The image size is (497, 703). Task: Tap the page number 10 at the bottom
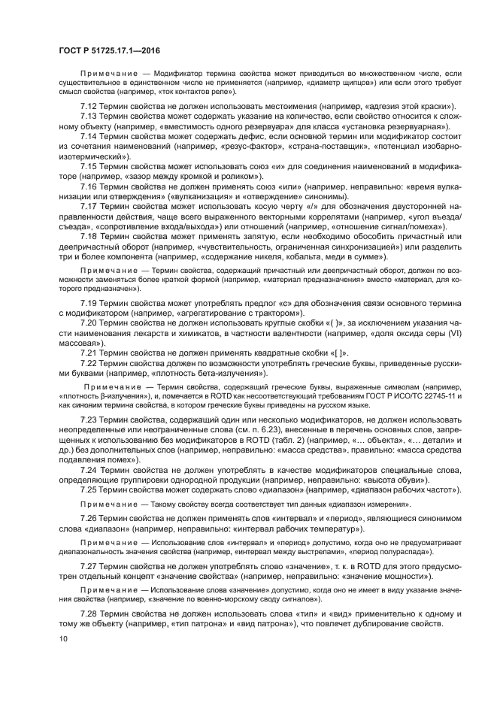click(x=64, y=639)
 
